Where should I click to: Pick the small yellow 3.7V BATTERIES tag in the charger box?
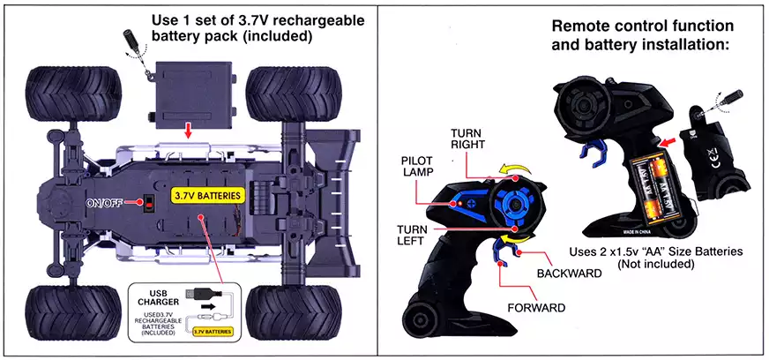[213, 332]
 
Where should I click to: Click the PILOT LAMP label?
[417, 168]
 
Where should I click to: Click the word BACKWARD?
[569, 274]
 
